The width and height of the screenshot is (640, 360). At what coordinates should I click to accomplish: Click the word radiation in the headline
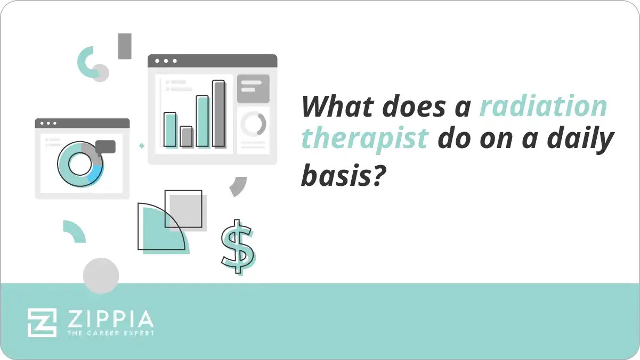(542, 107)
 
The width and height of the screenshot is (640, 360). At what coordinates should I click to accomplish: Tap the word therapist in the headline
(364, 140)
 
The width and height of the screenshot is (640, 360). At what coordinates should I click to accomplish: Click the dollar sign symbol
(238, 246)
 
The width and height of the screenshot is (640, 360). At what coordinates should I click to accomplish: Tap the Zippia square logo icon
(42, 322)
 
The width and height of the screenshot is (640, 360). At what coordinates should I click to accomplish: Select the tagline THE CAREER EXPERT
(110, 333)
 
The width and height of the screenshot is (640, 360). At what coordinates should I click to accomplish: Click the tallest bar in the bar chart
(218, 113)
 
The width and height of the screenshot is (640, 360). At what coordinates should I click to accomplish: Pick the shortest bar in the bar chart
(186, 136)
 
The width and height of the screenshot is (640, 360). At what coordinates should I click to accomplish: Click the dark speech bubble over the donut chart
(106, 147)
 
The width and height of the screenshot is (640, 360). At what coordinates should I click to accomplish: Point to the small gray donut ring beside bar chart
(253, 124)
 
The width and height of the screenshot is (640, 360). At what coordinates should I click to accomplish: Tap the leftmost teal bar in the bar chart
(170, 129)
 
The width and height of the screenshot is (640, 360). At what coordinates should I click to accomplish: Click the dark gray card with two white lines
(253, 88)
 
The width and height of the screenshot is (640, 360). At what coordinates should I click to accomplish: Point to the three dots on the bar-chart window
(165, 61)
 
